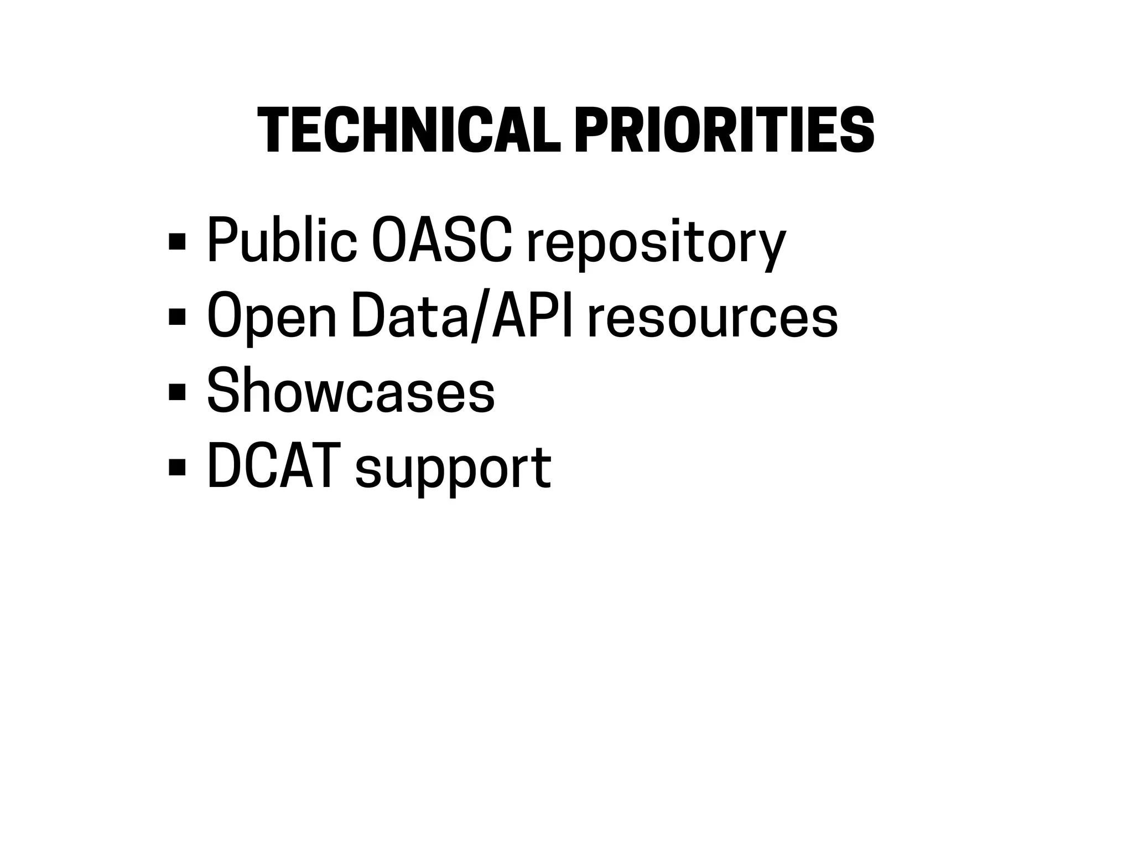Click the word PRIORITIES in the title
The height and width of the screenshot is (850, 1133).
pyautogui.click(x=724, y=130)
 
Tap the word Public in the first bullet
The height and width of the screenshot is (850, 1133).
pyautogui.click(x=282, y=241)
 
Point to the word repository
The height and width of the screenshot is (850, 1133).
pyautogui.click(x=656, y=243)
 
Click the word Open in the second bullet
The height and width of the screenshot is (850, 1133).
pyautogui.click(x=272, y=317)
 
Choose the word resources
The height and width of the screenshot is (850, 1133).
pyautogui.click(x=712, y=318)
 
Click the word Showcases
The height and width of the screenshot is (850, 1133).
pyautogui.click(x=351, y=392)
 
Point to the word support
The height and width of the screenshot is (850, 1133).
pyautogui.click(x=453, y=470)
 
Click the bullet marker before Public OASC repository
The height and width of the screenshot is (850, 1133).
pyautogui.click(x=177, y=241)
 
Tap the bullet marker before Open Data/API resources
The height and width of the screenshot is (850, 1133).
pyautogui.click(x=177, y=317)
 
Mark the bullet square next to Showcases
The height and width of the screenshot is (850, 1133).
pyautogui.click(x=177, y=392)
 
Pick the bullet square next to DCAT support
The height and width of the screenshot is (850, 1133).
pyautogui.click(x=177, y=467)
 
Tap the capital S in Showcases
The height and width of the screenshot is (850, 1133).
pyautogui.click(x=221, y=391)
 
